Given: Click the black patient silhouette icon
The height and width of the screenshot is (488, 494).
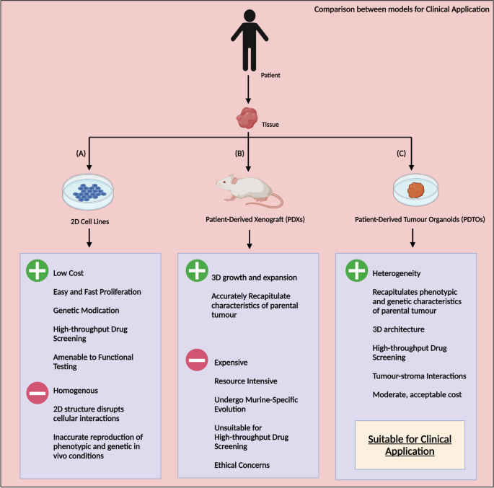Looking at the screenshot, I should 247,40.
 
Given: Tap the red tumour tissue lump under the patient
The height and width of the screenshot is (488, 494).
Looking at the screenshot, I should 247,116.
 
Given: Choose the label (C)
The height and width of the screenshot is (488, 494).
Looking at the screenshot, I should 401,154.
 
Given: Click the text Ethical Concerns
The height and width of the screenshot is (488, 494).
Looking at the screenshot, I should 241,465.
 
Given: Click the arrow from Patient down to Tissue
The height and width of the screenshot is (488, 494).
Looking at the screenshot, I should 247,90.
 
